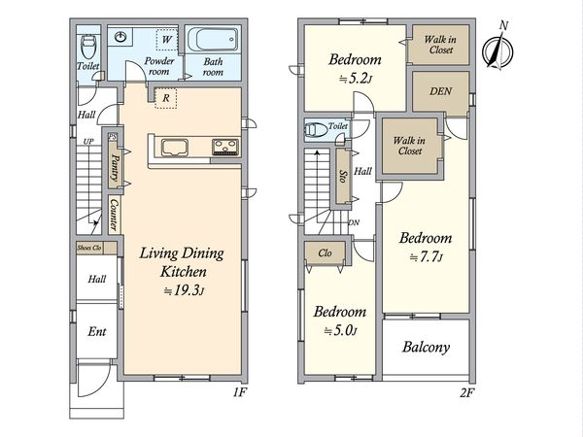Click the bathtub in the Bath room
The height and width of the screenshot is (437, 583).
[212, 40]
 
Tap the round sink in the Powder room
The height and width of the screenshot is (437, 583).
[120, 37]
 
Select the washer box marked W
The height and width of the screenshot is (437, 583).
[167, 39]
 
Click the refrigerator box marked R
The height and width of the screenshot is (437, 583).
[166, 98]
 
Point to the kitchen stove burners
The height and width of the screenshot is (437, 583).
[225, 147]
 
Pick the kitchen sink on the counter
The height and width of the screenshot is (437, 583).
[174, 148]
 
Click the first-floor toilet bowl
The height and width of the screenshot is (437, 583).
[88, 46]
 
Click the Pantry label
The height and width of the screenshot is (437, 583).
[115, 167]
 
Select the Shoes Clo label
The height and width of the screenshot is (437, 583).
[89, 248]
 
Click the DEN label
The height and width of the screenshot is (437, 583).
[440, 91]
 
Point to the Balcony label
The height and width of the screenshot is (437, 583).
[427, 347]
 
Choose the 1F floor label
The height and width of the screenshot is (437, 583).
[240, 392]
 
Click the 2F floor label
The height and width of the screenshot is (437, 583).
[467, 392]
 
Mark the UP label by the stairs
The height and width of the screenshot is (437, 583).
[88, 141]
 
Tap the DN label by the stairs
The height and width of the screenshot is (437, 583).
[354, 222]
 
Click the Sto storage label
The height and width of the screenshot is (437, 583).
[342, 177]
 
